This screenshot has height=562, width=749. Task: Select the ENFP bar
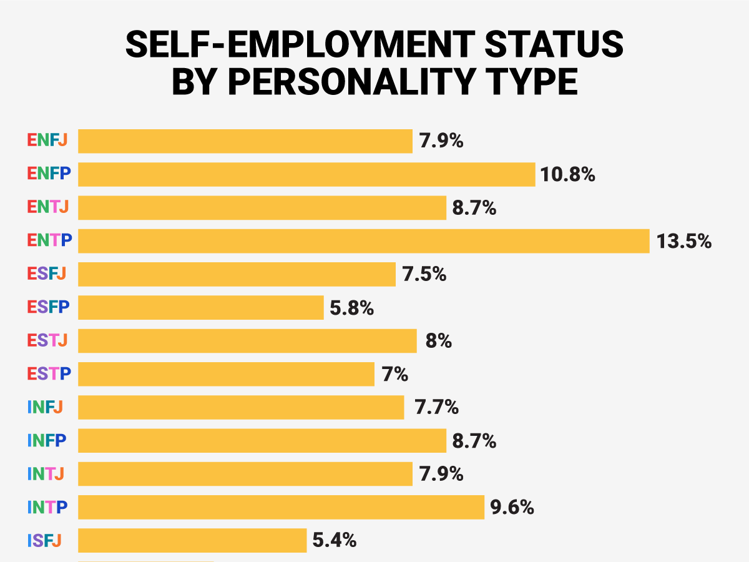point(306,174)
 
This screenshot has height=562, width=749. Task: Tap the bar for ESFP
point(200,308)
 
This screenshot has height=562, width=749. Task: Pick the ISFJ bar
point(192,540)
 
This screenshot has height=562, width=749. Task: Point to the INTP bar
point(281,507)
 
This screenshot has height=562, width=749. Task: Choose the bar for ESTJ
point(247,341)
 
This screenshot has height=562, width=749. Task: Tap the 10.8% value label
point(568,174)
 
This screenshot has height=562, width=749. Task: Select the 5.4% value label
point(334,540)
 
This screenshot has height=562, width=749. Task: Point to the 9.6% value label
point(512,507)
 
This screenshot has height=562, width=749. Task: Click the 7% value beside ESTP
point(394,375)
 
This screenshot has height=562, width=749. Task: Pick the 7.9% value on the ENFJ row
point(441,140)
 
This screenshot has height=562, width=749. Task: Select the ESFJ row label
point(47,274)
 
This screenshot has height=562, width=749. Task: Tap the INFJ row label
point(45,408)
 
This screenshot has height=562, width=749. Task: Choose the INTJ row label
point(45,474)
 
